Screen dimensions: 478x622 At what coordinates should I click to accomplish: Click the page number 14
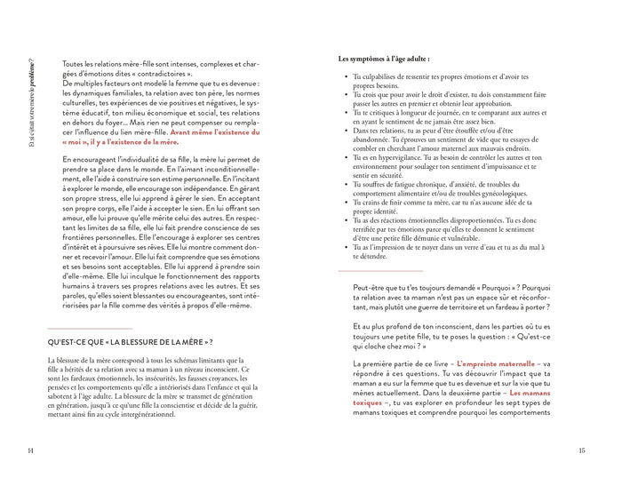point(30,450)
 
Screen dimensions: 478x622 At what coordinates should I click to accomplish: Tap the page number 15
point(583,450)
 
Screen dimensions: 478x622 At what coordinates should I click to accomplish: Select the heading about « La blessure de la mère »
point(130,340)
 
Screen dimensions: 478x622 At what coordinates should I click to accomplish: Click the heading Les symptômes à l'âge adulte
point(384,59)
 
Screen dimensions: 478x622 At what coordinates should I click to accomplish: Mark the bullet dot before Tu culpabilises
point(345,77)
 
